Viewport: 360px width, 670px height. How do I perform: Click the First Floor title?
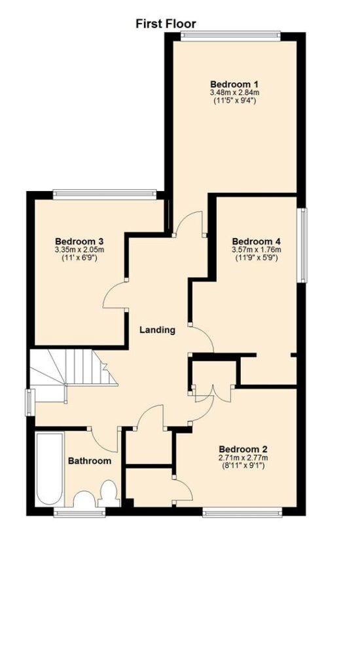point(166,24)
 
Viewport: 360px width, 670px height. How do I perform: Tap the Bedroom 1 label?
point(235,84)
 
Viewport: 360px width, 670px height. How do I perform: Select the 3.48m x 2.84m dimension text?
point(235,92)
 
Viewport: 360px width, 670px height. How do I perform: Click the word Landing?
point(158,330)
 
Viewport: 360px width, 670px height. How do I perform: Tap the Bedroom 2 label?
point(243,449)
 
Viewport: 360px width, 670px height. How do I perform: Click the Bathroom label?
point(90,461)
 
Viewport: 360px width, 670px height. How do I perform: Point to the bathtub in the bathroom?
point(50,469)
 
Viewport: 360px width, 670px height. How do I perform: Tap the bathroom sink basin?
point(84,499)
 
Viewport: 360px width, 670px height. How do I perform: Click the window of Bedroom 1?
point(230,36)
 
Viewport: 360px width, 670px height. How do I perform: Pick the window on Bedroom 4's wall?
point(302,245)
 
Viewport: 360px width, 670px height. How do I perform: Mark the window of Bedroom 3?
point(105,194)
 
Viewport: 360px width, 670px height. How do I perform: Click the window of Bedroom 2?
point(242,512)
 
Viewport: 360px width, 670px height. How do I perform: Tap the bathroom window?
point(79,512)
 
